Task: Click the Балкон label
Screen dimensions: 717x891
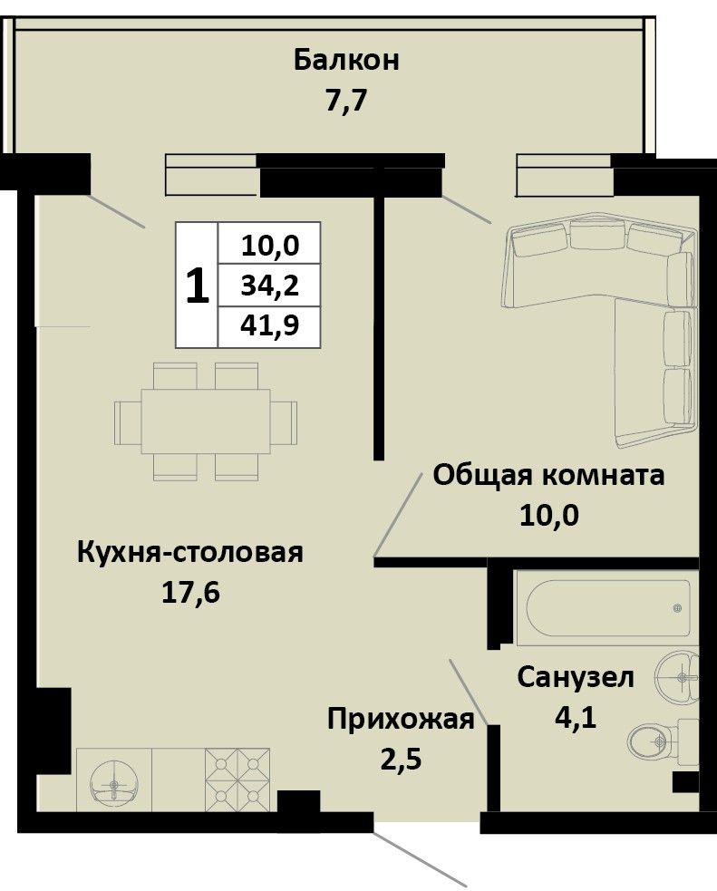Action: click(x=346, y=60)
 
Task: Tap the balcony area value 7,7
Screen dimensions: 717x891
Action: click(x=346, y=102)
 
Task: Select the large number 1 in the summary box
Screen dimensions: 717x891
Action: click(x=197, y=286)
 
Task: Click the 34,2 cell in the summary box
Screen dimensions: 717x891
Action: click(x=269, y=286)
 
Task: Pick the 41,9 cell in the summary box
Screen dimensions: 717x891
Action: click(x=269, y=326)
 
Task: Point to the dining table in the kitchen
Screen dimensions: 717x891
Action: click(x=206, y=421)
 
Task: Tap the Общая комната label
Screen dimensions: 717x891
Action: click(x=548, y=475)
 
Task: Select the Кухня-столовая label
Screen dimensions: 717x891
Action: click(x=190, y=552)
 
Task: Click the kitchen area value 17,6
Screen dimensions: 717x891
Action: click(x=191, y=593)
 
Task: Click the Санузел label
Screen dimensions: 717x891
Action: click(x=575, y=677)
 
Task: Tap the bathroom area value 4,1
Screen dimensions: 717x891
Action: click(x=575, y=718)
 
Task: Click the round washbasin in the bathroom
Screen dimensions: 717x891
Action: click(x=677, y=677)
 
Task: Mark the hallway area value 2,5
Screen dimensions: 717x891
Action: click(x=401, y=760)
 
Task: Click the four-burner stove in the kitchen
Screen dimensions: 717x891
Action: click(x=237, y=779)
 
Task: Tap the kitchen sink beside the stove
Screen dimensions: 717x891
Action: click(x=115, y=783)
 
